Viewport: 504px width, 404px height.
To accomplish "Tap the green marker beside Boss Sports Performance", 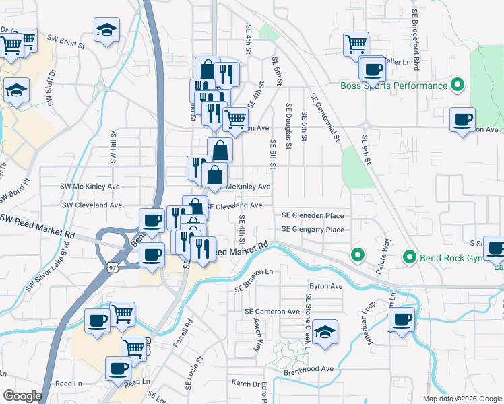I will pyautogui.click(x=458, y=86).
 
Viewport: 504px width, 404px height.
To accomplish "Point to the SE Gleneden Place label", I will pyautogui.click(x=313, y=216).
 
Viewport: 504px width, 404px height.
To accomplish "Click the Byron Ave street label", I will pyautogui.click(x=326, y=286).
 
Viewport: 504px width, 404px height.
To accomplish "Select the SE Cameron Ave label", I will pyautogui.click(x=272, y=312).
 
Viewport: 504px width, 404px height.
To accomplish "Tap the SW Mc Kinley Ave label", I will pyautogui.click(x=90, y=186).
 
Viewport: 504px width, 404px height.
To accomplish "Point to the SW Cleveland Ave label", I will pyautogui.click(x=92, y=205).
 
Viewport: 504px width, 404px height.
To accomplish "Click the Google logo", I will pyautogui.click(x=22, y=396).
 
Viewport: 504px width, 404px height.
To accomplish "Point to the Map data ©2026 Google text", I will pyautogui.click(x=462, y=399).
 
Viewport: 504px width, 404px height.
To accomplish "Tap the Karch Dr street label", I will pyautogui.click(x=246, y=384).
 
